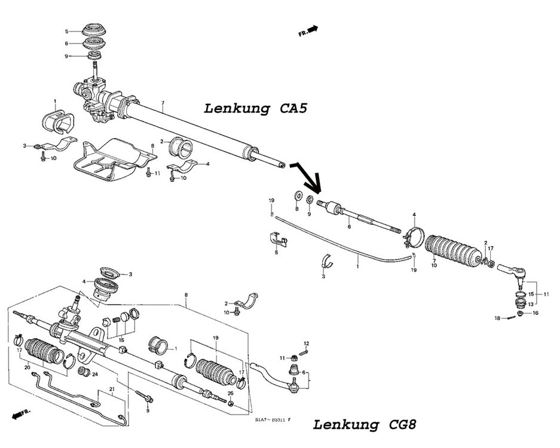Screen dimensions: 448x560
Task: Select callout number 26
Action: (230, 393)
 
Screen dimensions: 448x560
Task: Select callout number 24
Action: (94, 375)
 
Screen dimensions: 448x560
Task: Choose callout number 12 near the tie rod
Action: (305, 343)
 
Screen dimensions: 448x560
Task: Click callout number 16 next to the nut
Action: (535, 312)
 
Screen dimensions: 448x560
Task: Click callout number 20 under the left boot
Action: (27, 367)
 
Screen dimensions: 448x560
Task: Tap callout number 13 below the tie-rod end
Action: (530, 303)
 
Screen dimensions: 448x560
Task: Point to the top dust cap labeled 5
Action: (94, 30)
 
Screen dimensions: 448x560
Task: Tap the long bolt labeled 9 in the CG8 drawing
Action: (143, 398)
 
